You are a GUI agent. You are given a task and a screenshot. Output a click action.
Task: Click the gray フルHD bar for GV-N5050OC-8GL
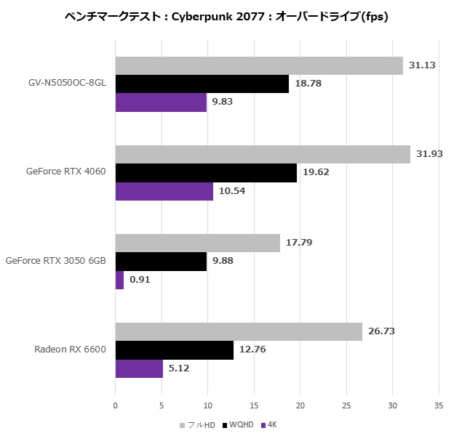[259, 65]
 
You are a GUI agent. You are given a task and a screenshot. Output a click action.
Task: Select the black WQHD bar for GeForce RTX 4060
[206, 173]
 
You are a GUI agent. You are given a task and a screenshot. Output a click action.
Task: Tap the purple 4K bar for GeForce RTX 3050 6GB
[119, 280]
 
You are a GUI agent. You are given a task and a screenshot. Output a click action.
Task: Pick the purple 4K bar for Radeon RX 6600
[139, 368]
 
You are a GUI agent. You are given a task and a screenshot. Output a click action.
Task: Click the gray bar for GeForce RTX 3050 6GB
[197, 243]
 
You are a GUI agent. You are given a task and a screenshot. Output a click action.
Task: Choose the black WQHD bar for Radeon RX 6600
[174, 350]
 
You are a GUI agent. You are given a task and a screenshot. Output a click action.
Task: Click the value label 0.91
[140, 280]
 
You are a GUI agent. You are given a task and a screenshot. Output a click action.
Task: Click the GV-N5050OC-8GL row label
[63, 84]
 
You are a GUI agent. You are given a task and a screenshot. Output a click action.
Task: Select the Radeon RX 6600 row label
[70, 350]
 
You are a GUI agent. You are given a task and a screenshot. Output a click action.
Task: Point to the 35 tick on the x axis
[439, 405]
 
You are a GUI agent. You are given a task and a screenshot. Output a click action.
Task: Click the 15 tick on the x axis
[254, 405]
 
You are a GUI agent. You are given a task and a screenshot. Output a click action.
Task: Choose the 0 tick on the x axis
[116, 405]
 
